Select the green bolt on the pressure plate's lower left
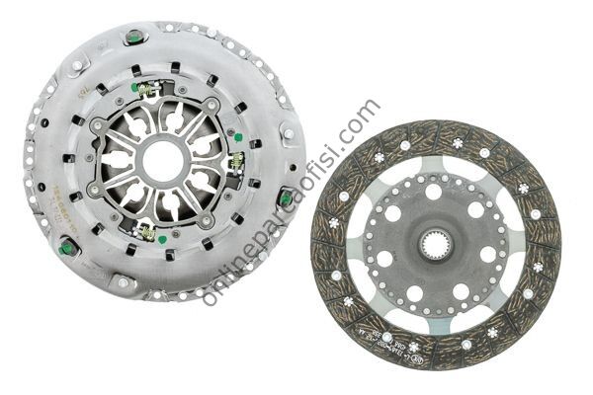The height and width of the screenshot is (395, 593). pos(68,248)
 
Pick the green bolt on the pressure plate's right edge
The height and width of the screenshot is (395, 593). pos(286,198)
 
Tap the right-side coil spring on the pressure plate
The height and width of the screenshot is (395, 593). pos(237,161)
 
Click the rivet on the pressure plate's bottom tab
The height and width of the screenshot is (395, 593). pos(122,284)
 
